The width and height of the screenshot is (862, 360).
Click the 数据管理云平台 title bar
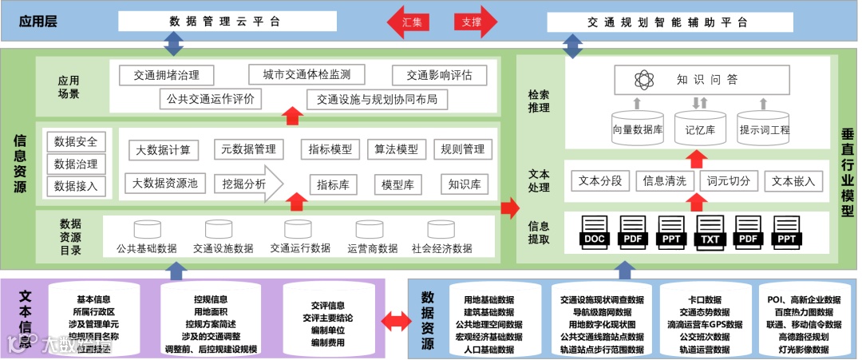pyautogui.click(x=225, y=22)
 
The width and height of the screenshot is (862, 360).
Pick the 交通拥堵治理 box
pyautogui.click(x=167, y=76)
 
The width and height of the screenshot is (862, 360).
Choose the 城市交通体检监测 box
pyautogui.click(x=306, y=75)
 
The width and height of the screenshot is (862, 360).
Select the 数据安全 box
pyautogui.click(x=76, y=142)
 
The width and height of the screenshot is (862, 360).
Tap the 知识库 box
pyautogui.click(x=464, y=184)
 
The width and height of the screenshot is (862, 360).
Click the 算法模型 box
pyautogui.click(x=396, y=149)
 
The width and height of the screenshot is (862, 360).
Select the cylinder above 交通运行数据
pyautogui.click(x=299, y=229)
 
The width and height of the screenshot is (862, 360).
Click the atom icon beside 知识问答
pyautogui.click(x=644, y=80)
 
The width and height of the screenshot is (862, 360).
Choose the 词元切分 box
pyautogui.click(x=729, y=181)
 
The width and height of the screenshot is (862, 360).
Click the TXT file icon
pyautogui.click(x=710, y=231)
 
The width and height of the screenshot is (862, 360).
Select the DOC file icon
pyautogui.click(x=595, y=231)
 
